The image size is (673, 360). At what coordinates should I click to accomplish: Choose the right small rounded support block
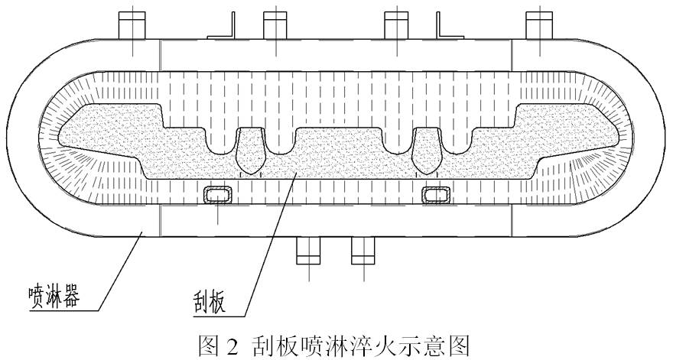pos(438,194)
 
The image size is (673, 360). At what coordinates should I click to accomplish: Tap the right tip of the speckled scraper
pos(619,138)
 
